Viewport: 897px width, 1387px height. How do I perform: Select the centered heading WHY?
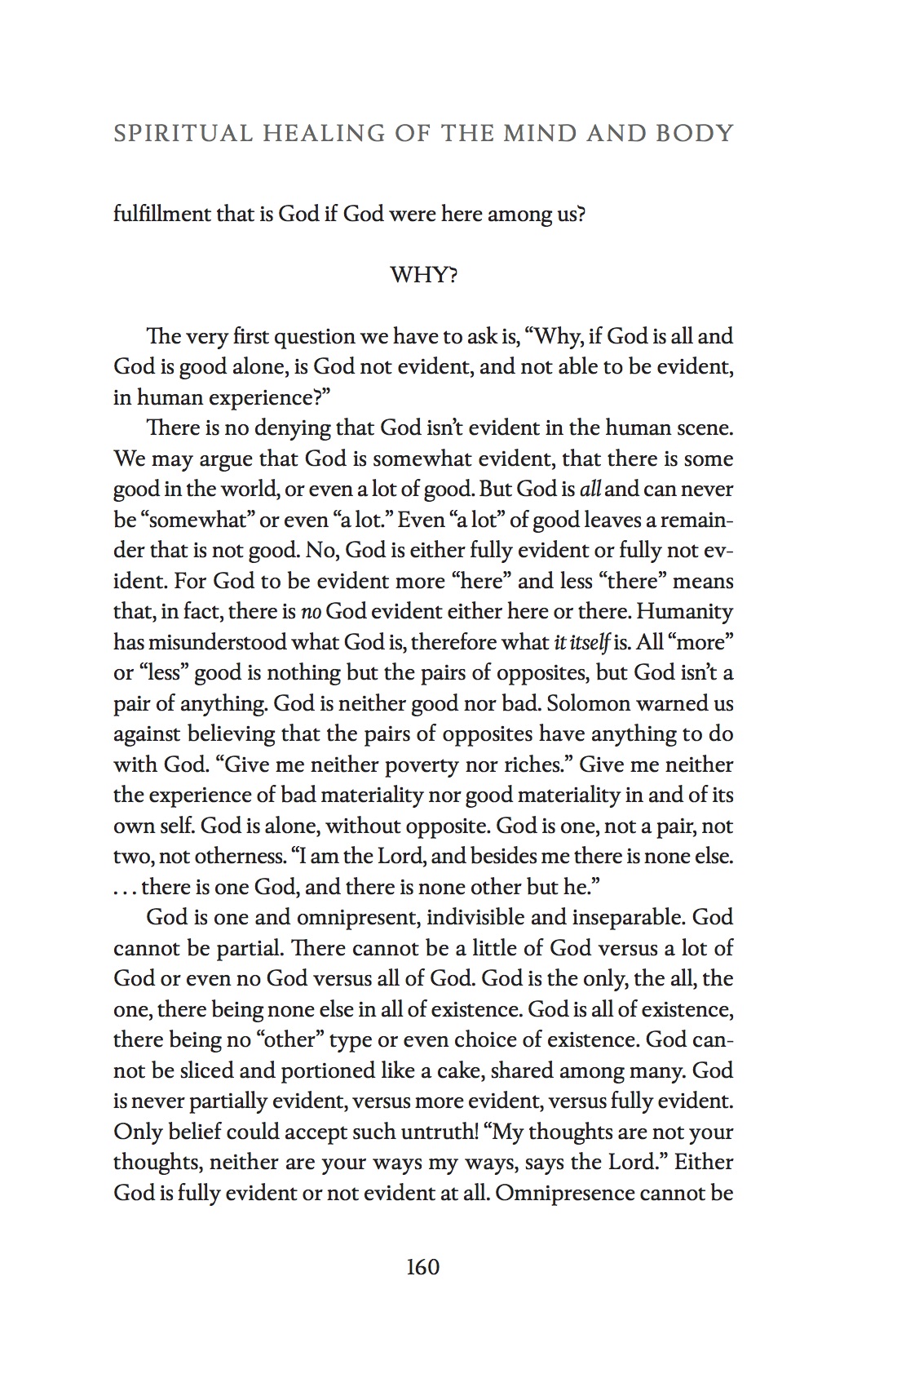[x=424, y=275]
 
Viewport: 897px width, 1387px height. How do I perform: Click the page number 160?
[x=422, y=1266]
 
